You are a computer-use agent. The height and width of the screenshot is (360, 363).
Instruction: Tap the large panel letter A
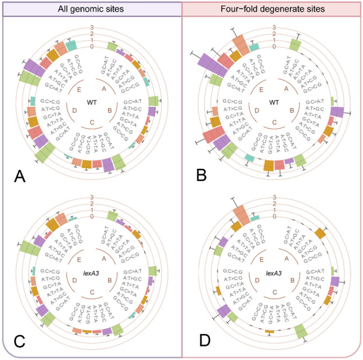coord(20,176)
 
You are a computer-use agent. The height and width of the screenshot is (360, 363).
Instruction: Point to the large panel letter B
coord(201,176)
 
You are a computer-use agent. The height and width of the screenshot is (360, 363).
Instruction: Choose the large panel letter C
coord(20,342)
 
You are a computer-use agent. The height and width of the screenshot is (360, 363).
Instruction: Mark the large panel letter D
coord(201,342)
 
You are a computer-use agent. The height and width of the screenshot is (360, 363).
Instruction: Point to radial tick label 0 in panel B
coord(274,47)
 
